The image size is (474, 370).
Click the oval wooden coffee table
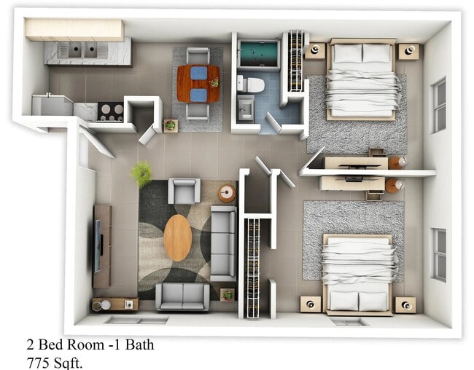pyautogui.click(x=177, y=237)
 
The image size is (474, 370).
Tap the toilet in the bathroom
pyautogui.click(x=250, y=84)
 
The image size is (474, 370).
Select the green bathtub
pyautogui.click(x=258, y=54)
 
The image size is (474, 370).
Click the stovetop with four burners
pyautogui.click(x=111, y=111)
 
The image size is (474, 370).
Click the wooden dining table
pyautogui.click(x=198, y=83)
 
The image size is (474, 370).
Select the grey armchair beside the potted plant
pyautogui.click(x=184, y=191)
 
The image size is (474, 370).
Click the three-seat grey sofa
pyautogui.click(x=223, y=243)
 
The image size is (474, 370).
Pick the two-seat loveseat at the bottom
pyautogui.click(x=182, y=296)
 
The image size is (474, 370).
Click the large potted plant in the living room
pyautogui.click(x=141, y=173)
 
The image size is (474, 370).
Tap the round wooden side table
pyautogui.click(x=228, y=193)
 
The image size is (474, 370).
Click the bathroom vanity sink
pyautogui.click(x=246, y=109)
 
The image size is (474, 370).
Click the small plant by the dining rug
pyautogui.click(x=171, y=125)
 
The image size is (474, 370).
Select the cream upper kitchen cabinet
pyautogui.click(x=74, y=29)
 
